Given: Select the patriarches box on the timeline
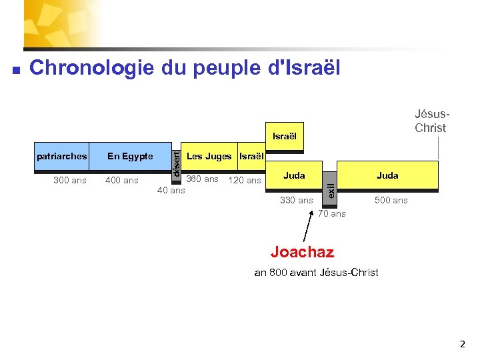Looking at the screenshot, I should [62, 157].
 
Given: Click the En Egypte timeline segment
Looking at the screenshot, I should [130, 157].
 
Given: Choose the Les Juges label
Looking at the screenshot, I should [209, 157].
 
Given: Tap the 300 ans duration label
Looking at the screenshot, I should [69, 180].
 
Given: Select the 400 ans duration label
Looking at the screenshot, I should [122, 180].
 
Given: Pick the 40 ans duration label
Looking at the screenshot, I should [171, 191].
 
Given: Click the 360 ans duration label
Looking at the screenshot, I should [202, 179].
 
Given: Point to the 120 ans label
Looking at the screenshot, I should [245, 180].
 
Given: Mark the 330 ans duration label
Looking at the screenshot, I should [296, 200].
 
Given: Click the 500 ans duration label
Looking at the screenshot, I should [391, 200].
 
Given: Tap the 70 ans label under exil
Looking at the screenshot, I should [331, 214].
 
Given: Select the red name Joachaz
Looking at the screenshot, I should [302, 252].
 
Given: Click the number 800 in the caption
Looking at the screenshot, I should [281, 272].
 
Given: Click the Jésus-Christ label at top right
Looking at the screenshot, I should [430, 121].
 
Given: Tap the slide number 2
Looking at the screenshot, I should [463, 345].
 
